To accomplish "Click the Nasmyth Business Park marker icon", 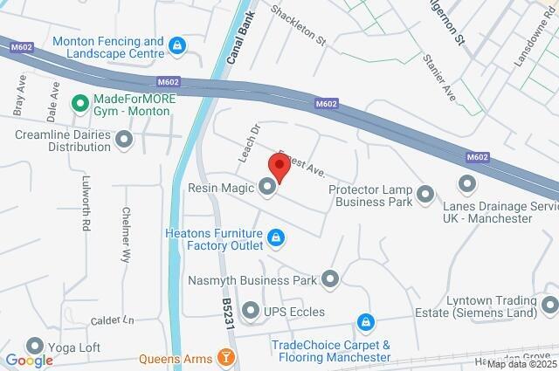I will click(330, 279).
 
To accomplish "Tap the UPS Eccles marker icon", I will click(251, 311).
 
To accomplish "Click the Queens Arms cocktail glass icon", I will click(227, 357).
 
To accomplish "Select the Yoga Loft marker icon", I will click(35, 346).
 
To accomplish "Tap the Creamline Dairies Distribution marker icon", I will click(124, 139).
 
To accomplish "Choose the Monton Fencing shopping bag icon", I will click(177, 45).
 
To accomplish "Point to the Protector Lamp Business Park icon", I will click(425, 194).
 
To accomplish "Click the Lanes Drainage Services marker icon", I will click(466, 184).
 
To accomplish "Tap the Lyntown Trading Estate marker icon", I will click(549, 305).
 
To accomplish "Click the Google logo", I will click(29, 360).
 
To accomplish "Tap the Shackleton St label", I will click(298, 25).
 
